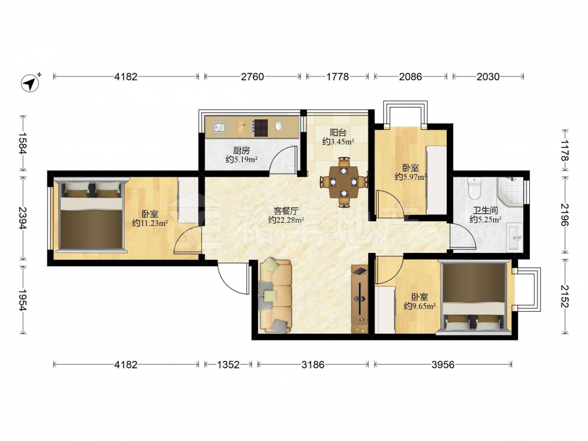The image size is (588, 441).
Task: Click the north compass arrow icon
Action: [x=31, y=82]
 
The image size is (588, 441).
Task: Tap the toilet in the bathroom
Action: [x=475, y=188]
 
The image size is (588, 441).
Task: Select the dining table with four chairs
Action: [x=343, y=182]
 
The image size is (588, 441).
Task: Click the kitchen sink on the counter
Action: [x=219, y=127]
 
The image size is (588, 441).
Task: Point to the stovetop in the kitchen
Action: [x=260, y=128]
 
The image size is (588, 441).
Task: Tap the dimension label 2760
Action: [x=252, y=77]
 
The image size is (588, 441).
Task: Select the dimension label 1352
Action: [x=228, y=364]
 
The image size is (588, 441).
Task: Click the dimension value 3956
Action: [x=443, y=364]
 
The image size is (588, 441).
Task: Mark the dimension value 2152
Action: [x=564, y=296]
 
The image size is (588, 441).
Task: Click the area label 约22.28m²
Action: [x=286, y=220]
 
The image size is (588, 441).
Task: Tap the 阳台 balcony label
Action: [x=338, y=133]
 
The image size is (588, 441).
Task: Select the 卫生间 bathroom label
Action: [x=485, y=211]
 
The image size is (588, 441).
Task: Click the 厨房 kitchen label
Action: [x=241, y=151]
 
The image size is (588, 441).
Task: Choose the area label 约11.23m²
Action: [x=149, y=223]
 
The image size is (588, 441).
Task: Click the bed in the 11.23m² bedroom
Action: [x=92, y=215]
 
